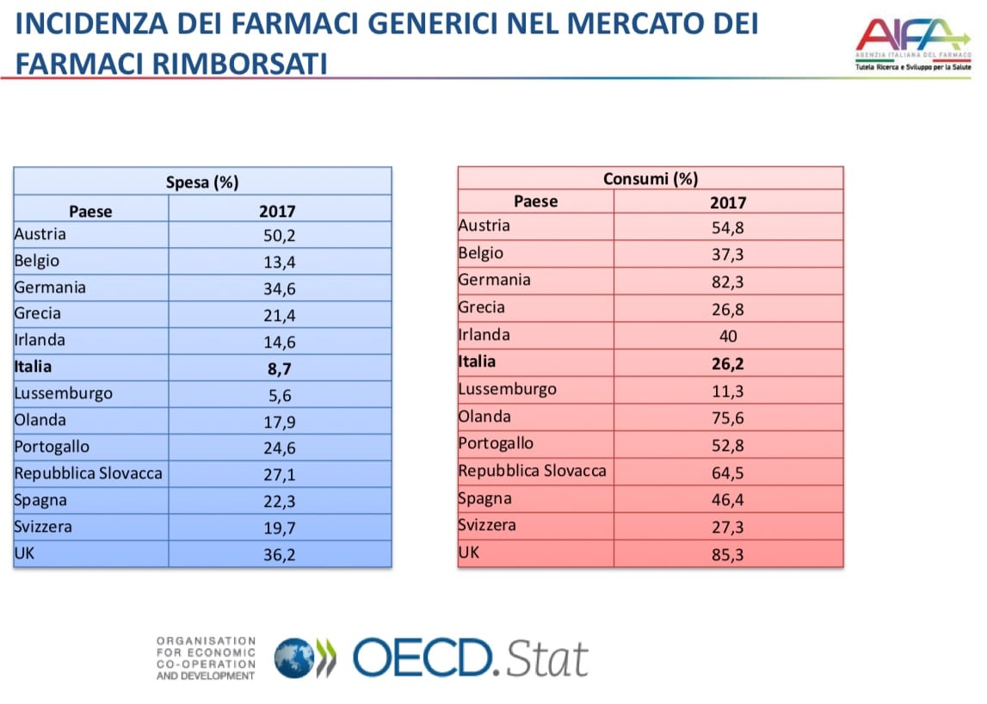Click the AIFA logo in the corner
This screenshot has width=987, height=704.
pos(911,43)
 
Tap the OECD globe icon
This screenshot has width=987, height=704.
pos(295,658)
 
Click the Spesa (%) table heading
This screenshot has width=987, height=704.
pos(202,182)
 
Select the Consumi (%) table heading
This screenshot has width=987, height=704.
pos(651,178)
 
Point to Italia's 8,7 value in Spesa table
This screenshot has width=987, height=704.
pos(279,367)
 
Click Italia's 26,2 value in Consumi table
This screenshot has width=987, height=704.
pos(727,363)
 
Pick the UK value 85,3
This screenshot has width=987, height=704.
pos(727,555)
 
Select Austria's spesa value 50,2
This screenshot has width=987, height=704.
pos(279,235)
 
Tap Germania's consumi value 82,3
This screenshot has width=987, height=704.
pos(727,281)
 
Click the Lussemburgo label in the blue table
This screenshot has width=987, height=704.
pos(63,394)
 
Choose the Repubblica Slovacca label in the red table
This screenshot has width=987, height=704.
pos(532,472)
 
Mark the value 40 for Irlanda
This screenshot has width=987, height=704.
pos(727,336)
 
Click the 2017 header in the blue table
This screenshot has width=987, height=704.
pos(277,212)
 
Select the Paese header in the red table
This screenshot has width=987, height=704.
pos(535,201)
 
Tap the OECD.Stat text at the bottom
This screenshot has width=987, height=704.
pos(470,658)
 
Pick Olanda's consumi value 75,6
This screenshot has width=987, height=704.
pos(727,418)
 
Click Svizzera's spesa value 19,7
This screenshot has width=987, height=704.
pos(279,528)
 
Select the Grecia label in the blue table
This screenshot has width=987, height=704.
pos(38,313)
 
